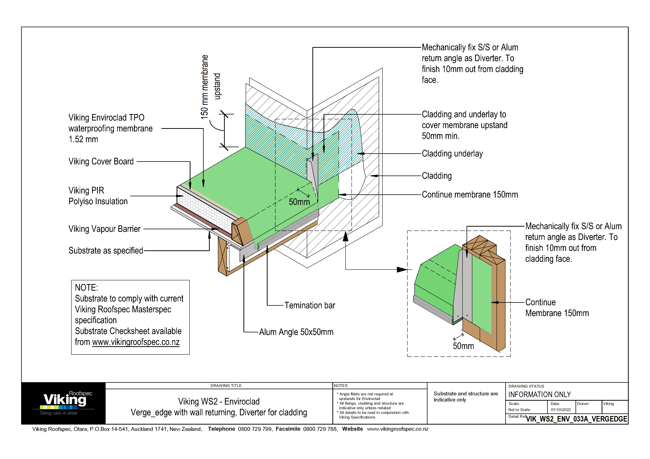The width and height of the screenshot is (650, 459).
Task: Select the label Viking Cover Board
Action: tap(101, 161)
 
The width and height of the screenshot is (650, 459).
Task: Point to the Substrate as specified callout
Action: tap(106, 251)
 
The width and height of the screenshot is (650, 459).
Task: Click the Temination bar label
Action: tap(309, 306)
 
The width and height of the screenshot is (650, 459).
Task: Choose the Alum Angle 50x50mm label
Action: tap(296, 332)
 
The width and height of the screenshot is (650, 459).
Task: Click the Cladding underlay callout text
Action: tap(452, 153)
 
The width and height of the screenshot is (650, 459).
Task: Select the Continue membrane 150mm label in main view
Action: tap(470, 195)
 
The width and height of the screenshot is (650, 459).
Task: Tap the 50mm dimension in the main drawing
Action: tap(299, 202)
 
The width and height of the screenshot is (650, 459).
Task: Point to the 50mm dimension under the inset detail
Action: tap(463, 346)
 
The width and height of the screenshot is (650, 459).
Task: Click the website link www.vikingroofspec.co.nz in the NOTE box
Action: tap(136, 342)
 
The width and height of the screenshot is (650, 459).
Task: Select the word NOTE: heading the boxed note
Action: tap(86, 288)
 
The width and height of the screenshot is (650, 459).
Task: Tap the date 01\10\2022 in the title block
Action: tap(561, 410)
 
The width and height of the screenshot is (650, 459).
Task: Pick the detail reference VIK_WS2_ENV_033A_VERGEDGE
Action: tap(576, 419)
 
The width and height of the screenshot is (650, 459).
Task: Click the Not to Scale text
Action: tap(519, 410)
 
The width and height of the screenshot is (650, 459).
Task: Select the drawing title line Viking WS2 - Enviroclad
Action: tap(219, 401)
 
